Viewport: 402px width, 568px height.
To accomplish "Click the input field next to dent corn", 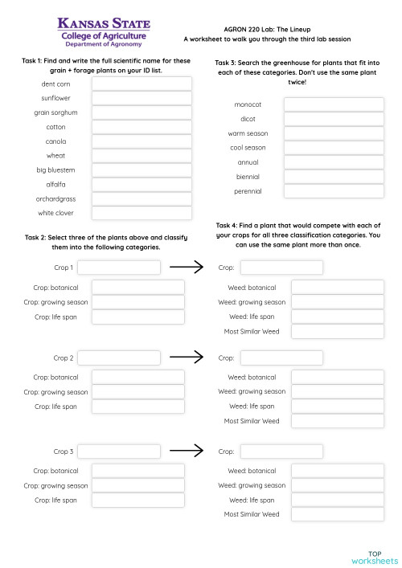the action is point(142,84).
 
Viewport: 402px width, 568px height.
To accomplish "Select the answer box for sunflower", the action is point(142,98).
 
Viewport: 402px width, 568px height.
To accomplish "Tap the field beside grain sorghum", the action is point(142,112).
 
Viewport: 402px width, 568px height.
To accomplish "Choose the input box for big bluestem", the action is point(142,170).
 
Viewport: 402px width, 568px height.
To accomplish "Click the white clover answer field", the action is point(142,213).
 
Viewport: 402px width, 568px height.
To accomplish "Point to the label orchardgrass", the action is point(56,198).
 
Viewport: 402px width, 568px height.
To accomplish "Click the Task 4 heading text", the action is point(298,235).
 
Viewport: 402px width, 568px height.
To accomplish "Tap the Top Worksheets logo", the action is point(375,557).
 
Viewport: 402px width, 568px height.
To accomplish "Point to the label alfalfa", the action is point(56,184).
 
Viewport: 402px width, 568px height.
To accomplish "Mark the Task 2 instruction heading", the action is point(105,243).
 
